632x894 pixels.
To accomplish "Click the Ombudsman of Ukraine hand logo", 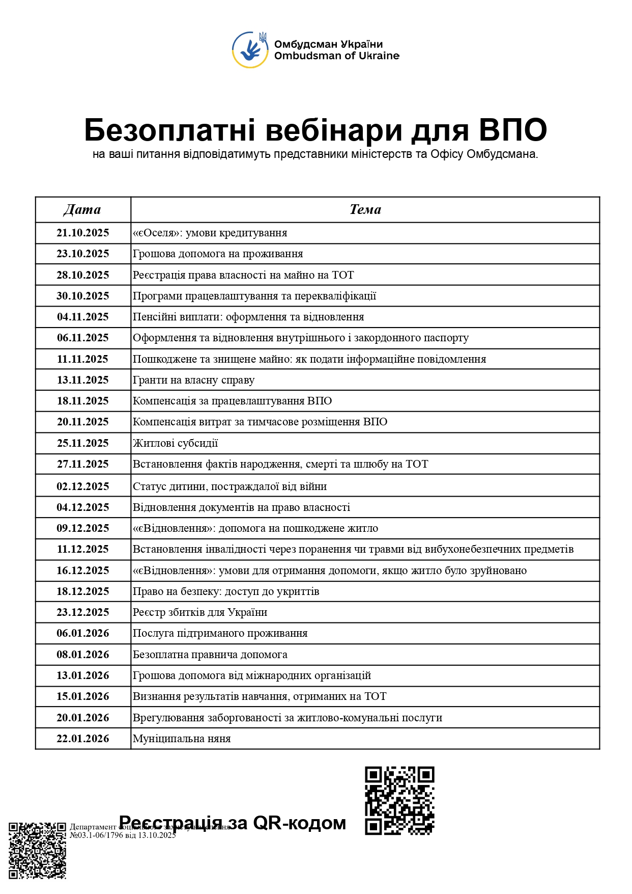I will click(250, 50).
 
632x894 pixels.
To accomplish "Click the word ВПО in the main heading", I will click(512, 130).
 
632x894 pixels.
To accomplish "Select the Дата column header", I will click(82, 210).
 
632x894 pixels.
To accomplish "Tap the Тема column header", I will click(365, 210).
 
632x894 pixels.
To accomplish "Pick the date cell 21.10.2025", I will click(82, 233).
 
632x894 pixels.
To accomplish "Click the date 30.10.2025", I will click(82, 296).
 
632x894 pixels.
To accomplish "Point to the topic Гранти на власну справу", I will click(193, 380).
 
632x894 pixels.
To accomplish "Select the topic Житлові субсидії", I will click(175, 443).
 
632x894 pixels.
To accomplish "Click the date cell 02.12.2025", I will click(82, 486).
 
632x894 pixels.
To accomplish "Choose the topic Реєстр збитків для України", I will click(200, 612).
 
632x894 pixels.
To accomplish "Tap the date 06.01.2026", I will click(82, 633).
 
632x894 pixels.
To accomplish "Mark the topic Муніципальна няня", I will click(182, 739).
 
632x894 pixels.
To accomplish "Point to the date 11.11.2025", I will click(82, 359).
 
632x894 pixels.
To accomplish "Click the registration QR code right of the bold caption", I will click(399, 800).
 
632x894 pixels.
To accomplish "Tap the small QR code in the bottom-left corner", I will click(38, 850).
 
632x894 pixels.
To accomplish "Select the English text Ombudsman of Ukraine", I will click(336, 56).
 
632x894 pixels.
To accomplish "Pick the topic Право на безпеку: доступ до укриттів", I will click(226, 591).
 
